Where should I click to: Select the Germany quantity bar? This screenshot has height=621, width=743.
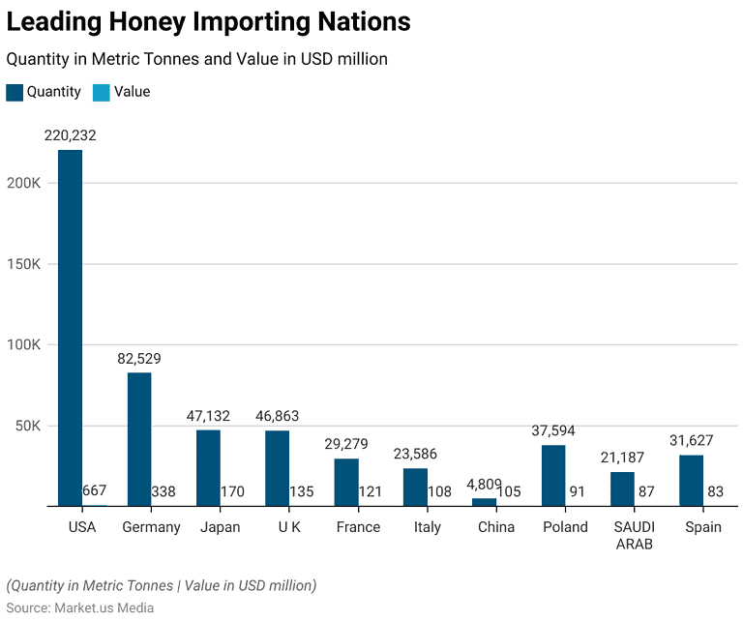tap(139, 439)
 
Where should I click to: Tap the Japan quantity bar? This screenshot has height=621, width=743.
tap(208, 468)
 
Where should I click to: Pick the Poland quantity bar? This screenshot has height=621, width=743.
tap(553, 475)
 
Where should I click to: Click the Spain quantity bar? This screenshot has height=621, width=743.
tap(691, 480)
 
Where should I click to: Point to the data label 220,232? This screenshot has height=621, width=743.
tap(70, 135)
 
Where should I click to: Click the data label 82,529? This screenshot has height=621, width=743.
tap(139, 358)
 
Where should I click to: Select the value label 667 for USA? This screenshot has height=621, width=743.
tap(95, 492)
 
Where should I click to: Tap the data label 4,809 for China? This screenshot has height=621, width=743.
tap(484, 484)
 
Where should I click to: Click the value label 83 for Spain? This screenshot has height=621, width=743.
tap(716, 492)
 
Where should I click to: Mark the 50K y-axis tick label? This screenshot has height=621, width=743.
tap(27, 426)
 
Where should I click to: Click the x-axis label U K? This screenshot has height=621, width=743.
tap(289, 527)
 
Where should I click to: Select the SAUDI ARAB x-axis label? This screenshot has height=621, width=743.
tap(634, 535)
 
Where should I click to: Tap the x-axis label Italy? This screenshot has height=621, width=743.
tap(427, 527)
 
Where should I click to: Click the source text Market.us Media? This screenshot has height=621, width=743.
tap(105, 607)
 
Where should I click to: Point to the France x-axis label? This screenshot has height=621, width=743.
tap(358, 527)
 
